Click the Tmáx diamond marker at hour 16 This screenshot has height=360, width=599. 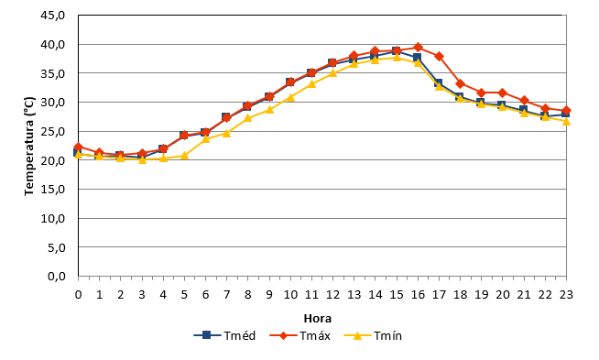418,48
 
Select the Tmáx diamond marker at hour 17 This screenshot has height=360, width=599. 439,56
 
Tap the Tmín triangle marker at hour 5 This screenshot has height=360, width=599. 184,156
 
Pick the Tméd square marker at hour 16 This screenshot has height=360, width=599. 417,58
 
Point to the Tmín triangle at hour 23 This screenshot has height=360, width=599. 566,121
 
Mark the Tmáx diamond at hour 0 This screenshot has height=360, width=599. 79,147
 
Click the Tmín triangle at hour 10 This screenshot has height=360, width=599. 290,97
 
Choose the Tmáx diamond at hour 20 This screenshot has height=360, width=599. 503,93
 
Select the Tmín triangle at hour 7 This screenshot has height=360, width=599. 227,133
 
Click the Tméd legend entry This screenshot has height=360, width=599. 224,335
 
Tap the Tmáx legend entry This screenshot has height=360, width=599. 299,335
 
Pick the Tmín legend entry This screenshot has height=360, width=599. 373,335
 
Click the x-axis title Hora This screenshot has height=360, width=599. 318,319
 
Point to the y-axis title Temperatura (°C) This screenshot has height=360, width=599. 29,146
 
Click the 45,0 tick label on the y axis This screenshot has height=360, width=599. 53,16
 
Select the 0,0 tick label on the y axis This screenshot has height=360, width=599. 57,276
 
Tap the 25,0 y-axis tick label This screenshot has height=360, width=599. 53,132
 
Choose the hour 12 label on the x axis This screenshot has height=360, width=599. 332,295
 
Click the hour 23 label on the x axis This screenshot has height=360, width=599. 566,295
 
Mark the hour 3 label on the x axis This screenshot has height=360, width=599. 142,295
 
